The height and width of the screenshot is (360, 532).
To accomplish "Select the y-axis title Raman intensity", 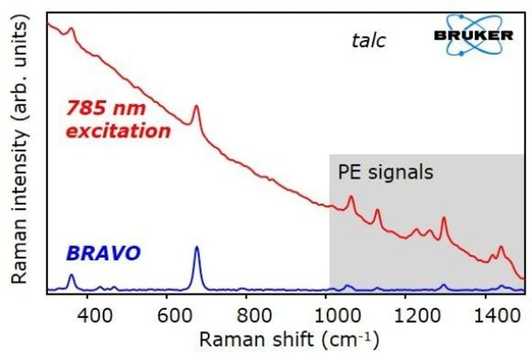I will click(x=20, y=152).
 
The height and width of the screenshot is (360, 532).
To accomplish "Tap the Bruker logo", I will click(x=473, y=35).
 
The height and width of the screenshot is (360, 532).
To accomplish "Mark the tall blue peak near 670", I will click(x=197, y=248).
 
